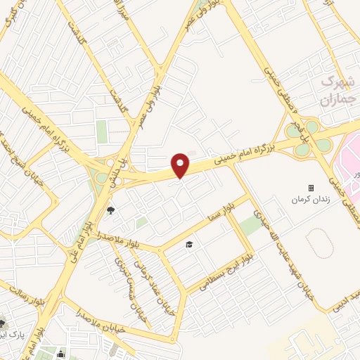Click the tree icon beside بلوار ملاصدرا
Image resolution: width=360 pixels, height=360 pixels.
pyautogui.click(x=110, y=210)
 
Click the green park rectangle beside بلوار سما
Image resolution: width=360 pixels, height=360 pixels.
pyautogui.click(x=250, y=225)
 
